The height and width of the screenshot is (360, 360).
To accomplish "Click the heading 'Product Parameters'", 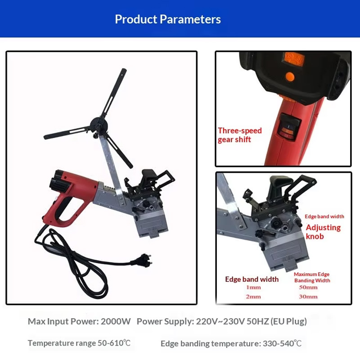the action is (x=168, y=19).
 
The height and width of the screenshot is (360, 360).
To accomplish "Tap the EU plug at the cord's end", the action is (x=142, y=259).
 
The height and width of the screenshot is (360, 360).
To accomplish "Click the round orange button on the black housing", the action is (x=290, y=76).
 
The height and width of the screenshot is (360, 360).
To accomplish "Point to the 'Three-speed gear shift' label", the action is (x=240, y=135).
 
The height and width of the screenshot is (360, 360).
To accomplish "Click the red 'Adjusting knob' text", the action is (x=323, y=232).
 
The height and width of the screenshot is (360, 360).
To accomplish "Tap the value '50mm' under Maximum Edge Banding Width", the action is (x=308, y=287).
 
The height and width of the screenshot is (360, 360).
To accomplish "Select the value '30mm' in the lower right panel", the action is (x=308, y=297).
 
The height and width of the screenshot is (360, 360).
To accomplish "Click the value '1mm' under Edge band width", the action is (x=253, y=287).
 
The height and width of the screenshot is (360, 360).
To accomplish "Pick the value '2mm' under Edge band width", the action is (x=253, y=297).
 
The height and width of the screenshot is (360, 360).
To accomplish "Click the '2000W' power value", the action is (x=116, y=321).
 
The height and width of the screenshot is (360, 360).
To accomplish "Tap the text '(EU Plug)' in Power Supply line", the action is (x=288, y=321).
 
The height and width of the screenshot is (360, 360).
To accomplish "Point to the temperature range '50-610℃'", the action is (x=114, y=343).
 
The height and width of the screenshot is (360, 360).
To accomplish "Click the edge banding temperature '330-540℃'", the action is (x=282, y=343).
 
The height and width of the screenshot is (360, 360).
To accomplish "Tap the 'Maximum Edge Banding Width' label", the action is (x=312, y=277).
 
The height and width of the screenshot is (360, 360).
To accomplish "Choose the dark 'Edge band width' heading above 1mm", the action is (x=252, y=279).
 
